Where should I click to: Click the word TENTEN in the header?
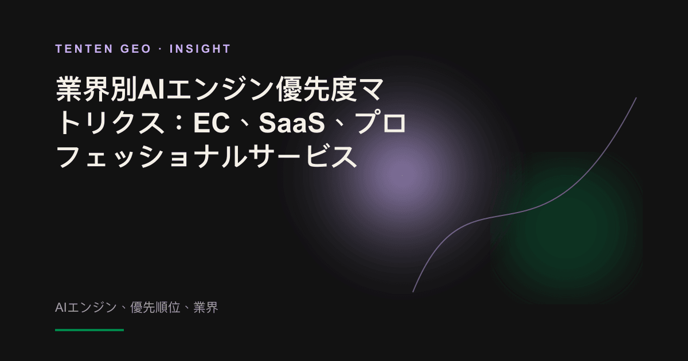tap(84, 49)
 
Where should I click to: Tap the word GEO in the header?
tap(136, 49)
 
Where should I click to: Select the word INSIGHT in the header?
tap(200, 49)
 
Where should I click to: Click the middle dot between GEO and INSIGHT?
tap(161, 49)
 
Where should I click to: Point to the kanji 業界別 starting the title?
tap(96, 89)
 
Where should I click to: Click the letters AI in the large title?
tap(151, 90)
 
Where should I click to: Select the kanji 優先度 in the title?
tap(316, 89)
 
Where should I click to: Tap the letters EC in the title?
tap(212, 123)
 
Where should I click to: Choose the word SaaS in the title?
tap(291, 123)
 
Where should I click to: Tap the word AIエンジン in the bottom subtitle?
tap(85, 307)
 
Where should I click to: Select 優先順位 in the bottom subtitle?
tap(155, 307)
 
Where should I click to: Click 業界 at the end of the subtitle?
tap(205, 307)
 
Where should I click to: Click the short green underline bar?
tap(89, 330)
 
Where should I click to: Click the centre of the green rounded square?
tap(566, 228)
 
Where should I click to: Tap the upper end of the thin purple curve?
tap(636, 98)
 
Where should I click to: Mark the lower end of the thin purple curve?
tap(413, 292)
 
